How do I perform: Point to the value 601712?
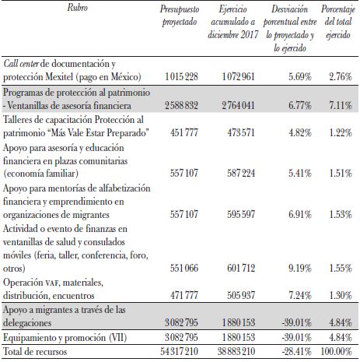235,269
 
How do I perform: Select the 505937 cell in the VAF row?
235,296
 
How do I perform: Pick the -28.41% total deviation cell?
290,353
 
